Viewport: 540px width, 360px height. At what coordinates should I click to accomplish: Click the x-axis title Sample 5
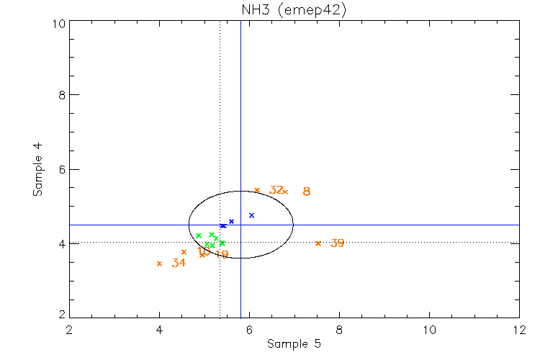pos(294,344)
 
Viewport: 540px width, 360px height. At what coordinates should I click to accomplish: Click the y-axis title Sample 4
pos(38,170)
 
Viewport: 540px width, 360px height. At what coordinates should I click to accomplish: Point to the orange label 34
pos(179,264)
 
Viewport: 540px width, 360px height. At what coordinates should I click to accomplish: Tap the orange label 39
pos(337,243)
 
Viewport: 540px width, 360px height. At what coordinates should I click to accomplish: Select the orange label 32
pos(276,190)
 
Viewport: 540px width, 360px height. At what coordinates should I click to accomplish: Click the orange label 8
pos(307,192)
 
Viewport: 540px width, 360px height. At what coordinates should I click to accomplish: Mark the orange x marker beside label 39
pos(318,243)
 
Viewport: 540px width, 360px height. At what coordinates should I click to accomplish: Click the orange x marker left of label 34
pos(159,264)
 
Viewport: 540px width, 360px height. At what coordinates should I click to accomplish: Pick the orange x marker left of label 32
pos(257,190)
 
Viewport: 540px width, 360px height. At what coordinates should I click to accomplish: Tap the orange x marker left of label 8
pos(285,192)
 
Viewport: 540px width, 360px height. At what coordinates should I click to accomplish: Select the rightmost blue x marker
pos(251,215)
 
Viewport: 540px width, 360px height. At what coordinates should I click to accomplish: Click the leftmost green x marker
pos(199,235)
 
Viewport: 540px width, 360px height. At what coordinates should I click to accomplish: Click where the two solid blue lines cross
pos(240,225)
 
